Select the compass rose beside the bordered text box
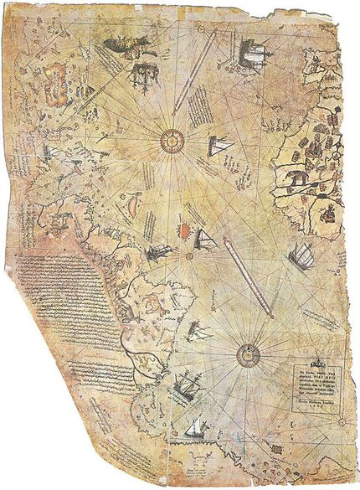(x=249, y=354)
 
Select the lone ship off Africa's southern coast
(x=301, y=256)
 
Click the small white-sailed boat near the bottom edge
(x=196, y=428)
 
